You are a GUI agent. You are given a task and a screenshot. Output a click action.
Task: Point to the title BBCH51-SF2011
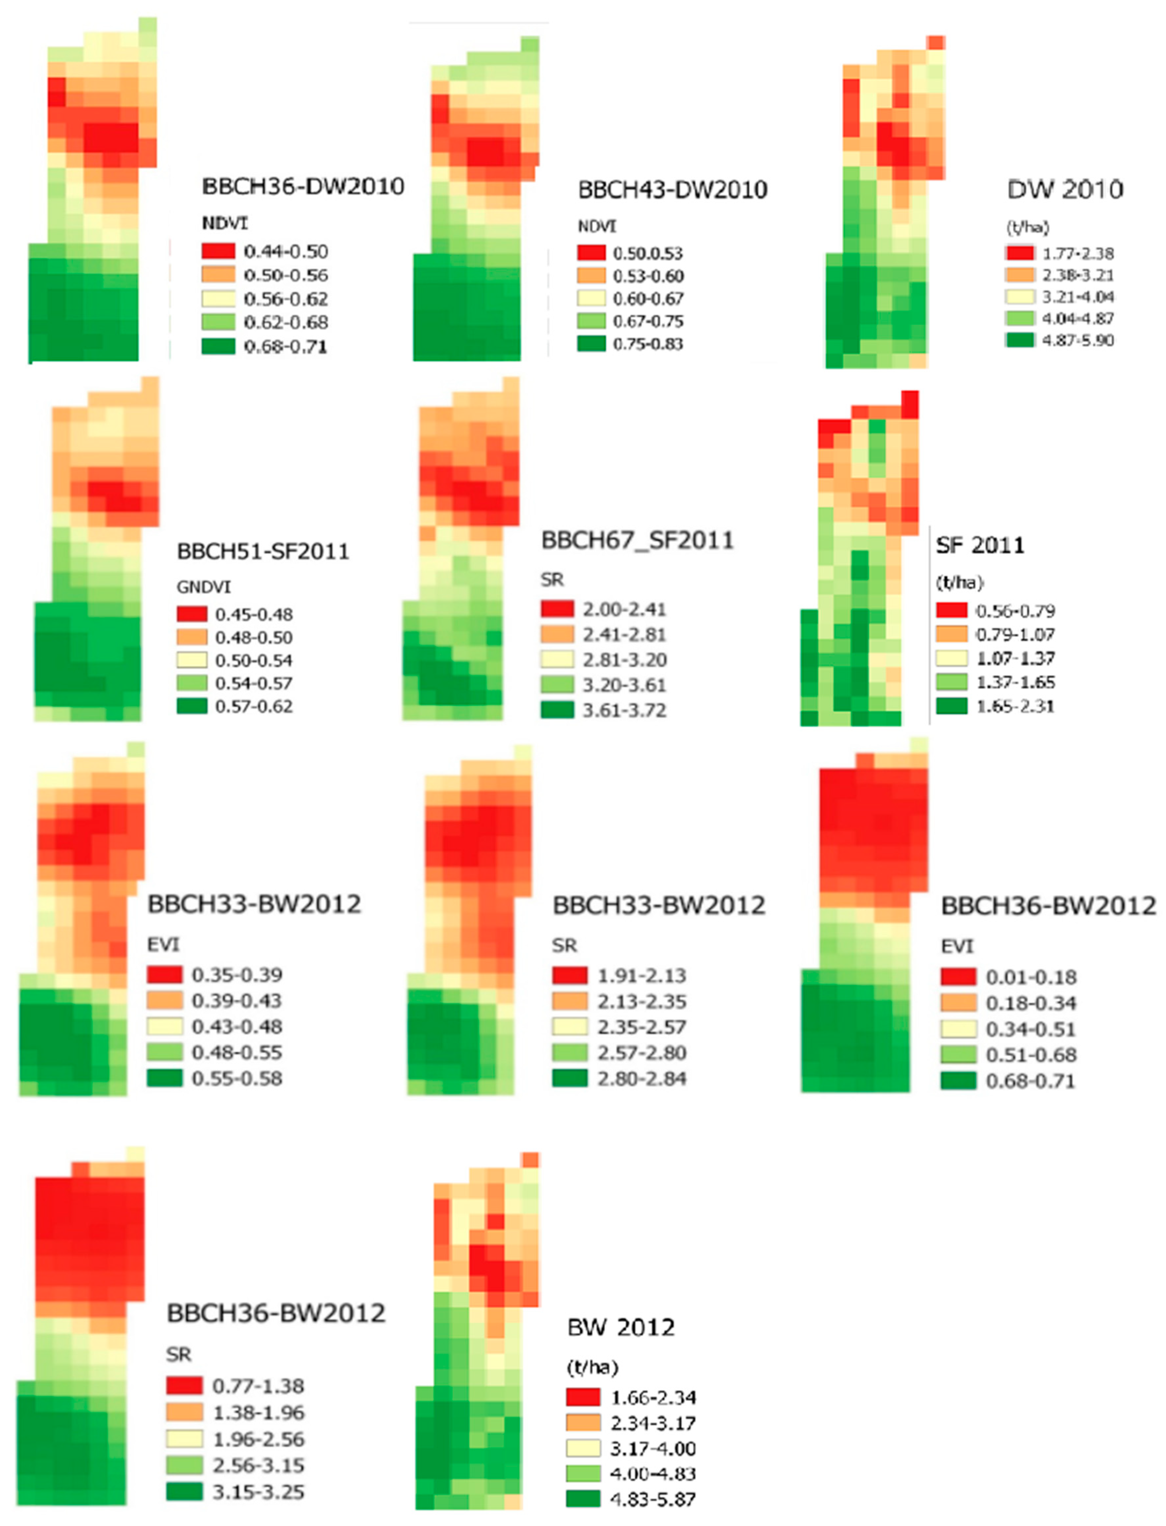pyautogui.click(x=263, y=552)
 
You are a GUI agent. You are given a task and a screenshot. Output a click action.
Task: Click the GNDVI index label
pyautogui.click(x=203, y=587)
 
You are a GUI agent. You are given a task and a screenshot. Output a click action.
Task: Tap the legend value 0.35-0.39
pyautogui.click(x=237, y=975)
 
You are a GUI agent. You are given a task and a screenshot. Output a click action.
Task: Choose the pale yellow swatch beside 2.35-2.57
pyautogui.click(x=570, y=1027)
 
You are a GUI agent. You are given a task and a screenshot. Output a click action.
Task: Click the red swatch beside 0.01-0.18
pyautogui.click(x=958, y=977)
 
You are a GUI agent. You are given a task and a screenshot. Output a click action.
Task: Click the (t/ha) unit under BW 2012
pyautogui.click(x=593, y=1367)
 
